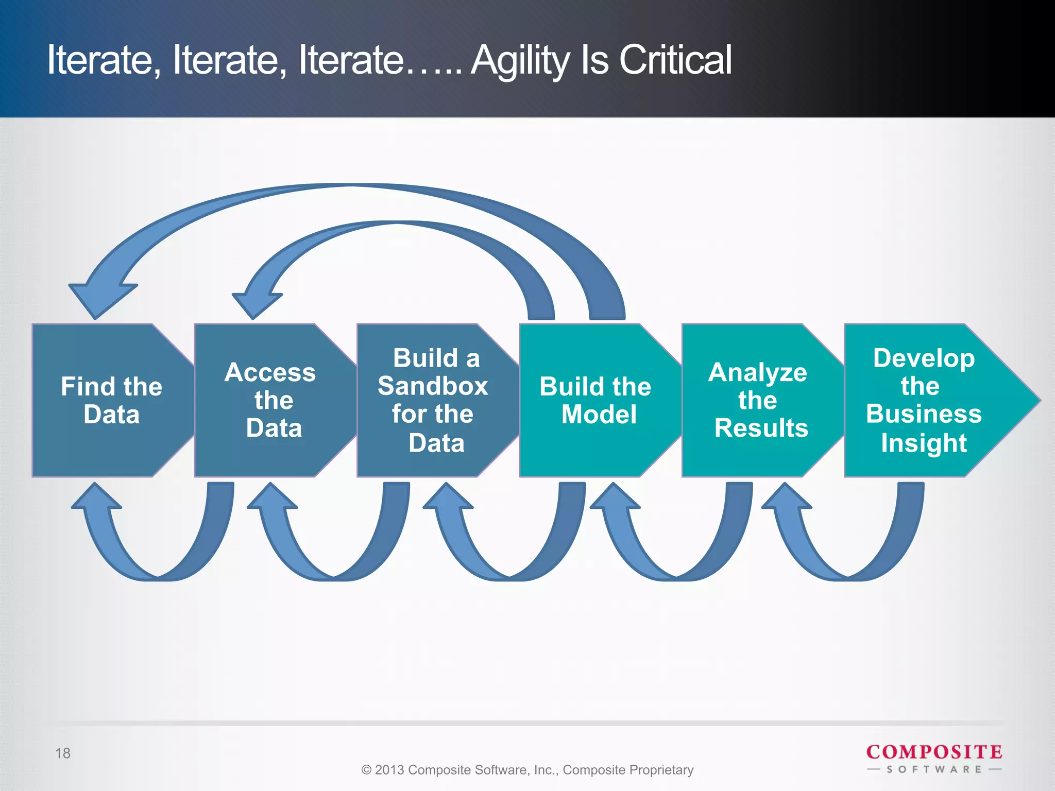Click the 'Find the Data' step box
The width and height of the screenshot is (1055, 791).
(x=111, y=400)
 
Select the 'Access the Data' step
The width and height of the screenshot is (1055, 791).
(x=273, y=400)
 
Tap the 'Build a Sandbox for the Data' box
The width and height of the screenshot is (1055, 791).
(x=435, y=400)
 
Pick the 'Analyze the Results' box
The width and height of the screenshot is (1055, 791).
(x=760, y=400)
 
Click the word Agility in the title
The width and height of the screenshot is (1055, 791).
(x=520, y=61)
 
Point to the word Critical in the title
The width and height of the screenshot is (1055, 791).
(x=675, y=60)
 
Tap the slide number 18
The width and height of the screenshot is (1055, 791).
(x=63, y=753)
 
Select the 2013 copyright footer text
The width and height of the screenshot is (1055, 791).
(x=527, y=770)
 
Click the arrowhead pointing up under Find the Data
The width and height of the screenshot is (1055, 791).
(x=96, y=497)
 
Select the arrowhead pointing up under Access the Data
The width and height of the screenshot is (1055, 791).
(x=272, y=497)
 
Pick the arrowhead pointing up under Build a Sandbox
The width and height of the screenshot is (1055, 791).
(x=448, y=497)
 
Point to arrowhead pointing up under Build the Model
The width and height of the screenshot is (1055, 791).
(x=615, y=497)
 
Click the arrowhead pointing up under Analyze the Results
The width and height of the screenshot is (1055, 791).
(x=786, y=497)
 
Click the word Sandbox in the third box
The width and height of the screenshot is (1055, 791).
(x=433, y=386)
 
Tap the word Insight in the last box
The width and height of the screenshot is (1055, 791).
(x=924, y=443)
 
